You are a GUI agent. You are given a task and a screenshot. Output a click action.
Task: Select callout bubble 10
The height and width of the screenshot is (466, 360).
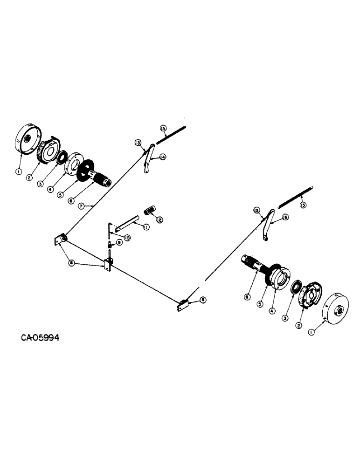126,237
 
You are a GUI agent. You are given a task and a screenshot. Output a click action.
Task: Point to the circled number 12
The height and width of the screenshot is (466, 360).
159,219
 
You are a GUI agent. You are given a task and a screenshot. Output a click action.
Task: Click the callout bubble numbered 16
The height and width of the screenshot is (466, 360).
285,217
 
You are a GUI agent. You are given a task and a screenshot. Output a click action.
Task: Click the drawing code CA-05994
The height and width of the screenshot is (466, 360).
40,337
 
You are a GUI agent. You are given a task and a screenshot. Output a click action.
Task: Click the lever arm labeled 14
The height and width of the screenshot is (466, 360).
147,160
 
